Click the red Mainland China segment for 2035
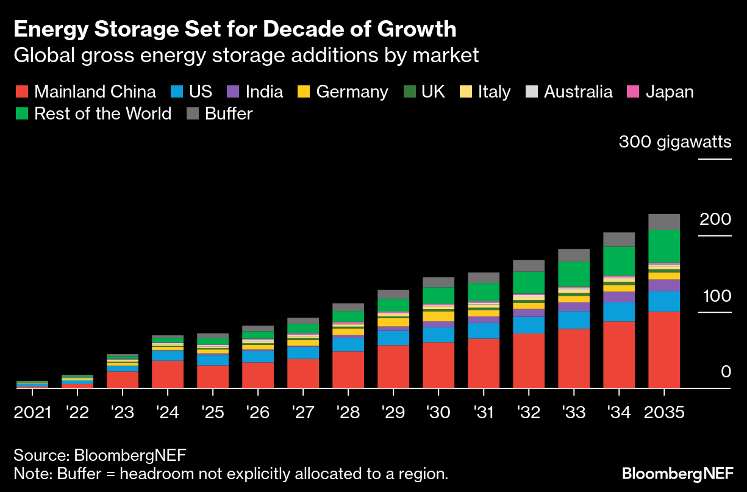[664, 349]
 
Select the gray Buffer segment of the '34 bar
[619, 239]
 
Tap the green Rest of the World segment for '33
[574, 274]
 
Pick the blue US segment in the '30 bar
[438, 335]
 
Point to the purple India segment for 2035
[664, 285]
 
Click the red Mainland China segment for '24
[168, 374]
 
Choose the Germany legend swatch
[304, 92]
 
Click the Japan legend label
[670, 92]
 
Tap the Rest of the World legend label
[103, 114]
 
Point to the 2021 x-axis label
[33, 413]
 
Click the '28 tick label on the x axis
[348, 413]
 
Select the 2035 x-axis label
[665, 413]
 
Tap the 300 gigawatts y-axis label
[674, 143]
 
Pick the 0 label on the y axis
[726, 372]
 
